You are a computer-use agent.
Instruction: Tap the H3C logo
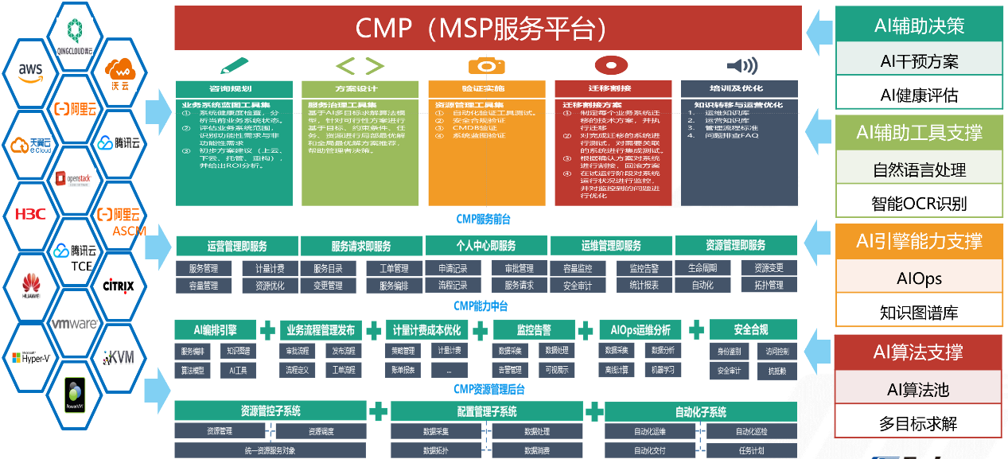point(31,213)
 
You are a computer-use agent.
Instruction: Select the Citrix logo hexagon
point(118,285)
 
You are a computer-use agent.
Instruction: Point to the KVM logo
point(119,357)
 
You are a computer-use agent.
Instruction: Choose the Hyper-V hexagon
point(30,357)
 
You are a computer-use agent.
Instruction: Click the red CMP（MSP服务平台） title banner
point(488,28)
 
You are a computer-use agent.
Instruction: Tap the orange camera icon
point(487,65)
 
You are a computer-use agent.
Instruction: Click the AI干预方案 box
point(919,60)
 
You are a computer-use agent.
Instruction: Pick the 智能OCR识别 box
point(919,204)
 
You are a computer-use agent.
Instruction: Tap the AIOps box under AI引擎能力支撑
point(919,278)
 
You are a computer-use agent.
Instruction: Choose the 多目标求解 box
point(919,423)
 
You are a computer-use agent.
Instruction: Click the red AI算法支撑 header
point(919,352)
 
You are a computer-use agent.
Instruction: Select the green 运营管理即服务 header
point(237,246)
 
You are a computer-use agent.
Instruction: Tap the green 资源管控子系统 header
point(270,411)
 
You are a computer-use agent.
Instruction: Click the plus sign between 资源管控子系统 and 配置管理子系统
point(379,411)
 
